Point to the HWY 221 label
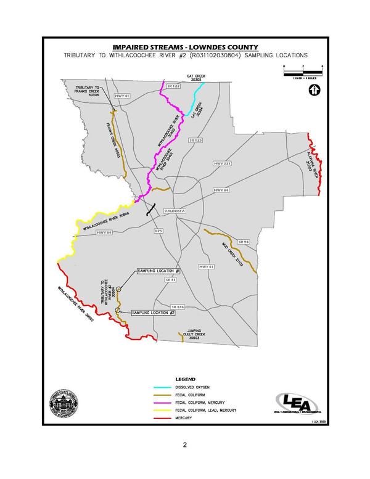pyautogui.click(x=221, y=163)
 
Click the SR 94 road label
pyautogui.click(x=242, y=242)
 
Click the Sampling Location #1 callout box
pyautogui.click(x=158, y=271)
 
